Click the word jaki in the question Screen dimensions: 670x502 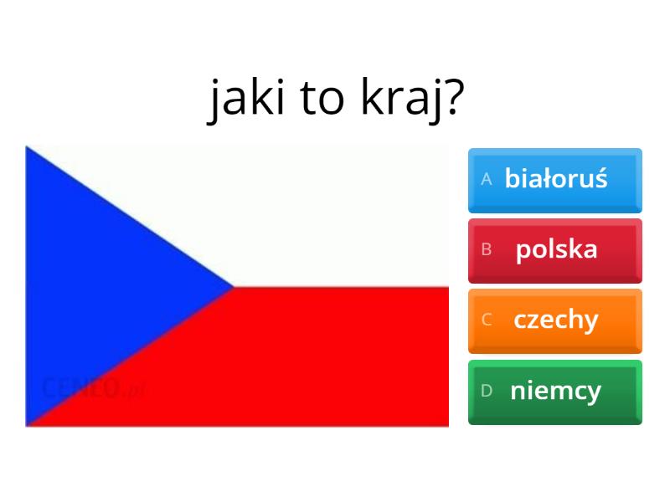click(246, 100)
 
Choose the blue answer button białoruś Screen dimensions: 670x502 click(555, 181)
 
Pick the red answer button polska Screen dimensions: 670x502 click(555, 251)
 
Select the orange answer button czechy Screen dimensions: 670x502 click(555, 321)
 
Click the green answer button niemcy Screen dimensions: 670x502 click(555, 392)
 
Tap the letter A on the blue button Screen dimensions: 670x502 click(487, 179)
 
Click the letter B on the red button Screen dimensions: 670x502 click(487, 249)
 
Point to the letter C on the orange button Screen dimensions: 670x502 click(487, 320)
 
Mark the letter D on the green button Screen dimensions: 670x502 click(487, 390)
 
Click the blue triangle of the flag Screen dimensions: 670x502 click(94, 286)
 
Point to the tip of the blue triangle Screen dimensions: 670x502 click(234, 287)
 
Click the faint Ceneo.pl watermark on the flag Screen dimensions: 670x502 click(95, 387)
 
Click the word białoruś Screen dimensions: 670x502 click(556, 177)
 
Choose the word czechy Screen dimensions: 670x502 click(556, 320)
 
